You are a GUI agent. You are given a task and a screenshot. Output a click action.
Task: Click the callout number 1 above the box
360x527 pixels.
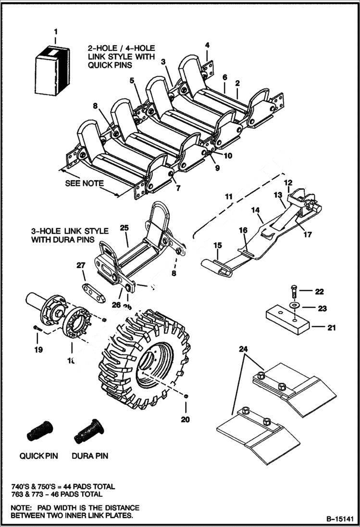[x=56, y=32]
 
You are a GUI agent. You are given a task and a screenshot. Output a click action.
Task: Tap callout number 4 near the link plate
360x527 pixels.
[x=207, y=45]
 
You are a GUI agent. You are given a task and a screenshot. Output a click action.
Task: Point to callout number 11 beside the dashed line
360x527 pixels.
[x=228, y=196]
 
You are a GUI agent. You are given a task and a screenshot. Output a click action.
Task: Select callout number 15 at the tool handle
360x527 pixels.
[x=218, y=245]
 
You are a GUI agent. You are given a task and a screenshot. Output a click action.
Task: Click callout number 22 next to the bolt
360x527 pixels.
[x=319, y=292]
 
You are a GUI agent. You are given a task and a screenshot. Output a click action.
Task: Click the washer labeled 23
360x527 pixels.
[x=293, y=306]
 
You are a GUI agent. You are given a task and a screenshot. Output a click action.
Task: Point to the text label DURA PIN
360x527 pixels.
[x=90, y=455]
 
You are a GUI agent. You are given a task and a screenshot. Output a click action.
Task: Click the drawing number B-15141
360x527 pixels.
[x=340, y=519]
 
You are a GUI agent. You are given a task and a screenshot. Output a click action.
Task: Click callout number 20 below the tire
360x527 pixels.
[x=186, y=419]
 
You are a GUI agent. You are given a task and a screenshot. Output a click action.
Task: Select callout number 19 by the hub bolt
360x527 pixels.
[x=38, y=350]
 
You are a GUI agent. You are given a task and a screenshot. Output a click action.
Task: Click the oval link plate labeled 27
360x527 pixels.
[x=93, y=293]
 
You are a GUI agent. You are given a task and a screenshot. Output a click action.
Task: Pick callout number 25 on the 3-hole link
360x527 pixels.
[x=124, y=228]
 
